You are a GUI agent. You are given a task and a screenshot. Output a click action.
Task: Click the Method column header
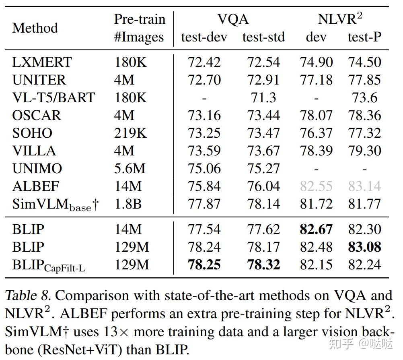click(35, 28)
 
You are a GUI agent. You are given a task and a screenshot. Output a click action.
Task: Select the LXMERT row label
click(42, 62)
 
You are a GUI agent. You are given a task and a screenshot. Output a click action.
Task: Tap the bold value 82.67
click(316, 229)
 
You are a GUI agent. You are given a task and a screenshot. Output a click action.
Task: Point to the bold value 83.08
click(364, 247)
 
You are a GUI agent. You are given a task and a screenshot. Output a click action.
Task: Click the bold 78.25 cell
click(204, 265)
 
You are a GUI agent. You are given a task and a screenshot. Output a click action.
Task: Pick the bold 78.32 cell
click(263, 265)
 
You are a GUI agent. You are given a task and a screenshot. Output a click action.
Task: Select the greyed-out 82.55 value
click(316, 186)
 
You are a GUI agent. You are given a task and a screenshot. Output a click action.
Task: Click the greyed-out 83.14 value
click(364, 186)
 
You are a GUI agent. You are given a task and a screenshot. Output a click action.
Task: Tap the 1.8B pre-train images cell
click(128, 204)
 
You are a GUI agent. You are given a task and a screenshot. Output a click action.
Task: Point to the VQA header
click(233, 19)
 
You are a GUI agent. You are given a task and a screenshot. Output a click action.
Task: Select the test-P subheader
click(364, 37)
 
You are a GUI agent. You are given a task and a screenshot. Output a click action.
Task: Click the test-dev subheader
click(204, 37)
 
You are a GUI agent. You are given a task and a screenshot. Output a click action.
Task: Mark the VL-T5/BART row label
click(53, 98)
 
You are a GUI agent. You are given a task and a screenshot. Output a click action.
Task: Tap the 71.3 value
click(263, 98)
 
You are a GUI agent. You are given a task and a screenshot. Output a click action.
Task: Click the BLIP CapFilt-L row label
click(49, 265)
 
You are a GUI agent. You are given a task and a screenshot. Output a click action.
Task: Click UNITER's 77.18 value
click(316, 80)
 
